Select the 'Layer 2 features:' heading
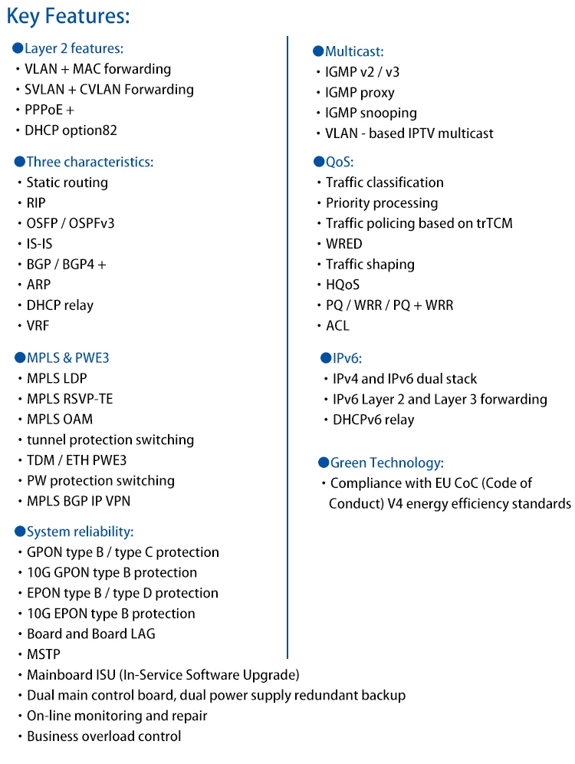(74, 48)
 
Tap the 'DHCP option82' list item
(71, 130)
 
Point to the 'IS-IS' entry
(41, 244)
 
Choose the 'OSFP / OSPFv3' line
(71, 223)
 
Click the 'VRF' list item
(38, 325)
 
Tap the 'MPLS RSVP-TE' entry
(70, 399)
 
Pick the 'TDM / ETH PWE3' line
(77, 460)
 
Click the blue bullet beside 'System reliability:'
(20, 532)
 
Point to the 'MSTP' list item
(43, 654)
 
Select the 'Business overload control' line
(103, 736)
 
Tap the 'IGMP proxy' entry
(360, 93)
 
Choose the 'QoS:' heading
(340, 162)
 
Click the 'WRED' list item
(343, 244)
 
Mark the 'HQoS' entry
(343, 285)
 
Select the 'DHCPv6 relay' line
(373, 420)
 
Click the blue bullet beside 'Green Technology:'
(324, 463)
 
